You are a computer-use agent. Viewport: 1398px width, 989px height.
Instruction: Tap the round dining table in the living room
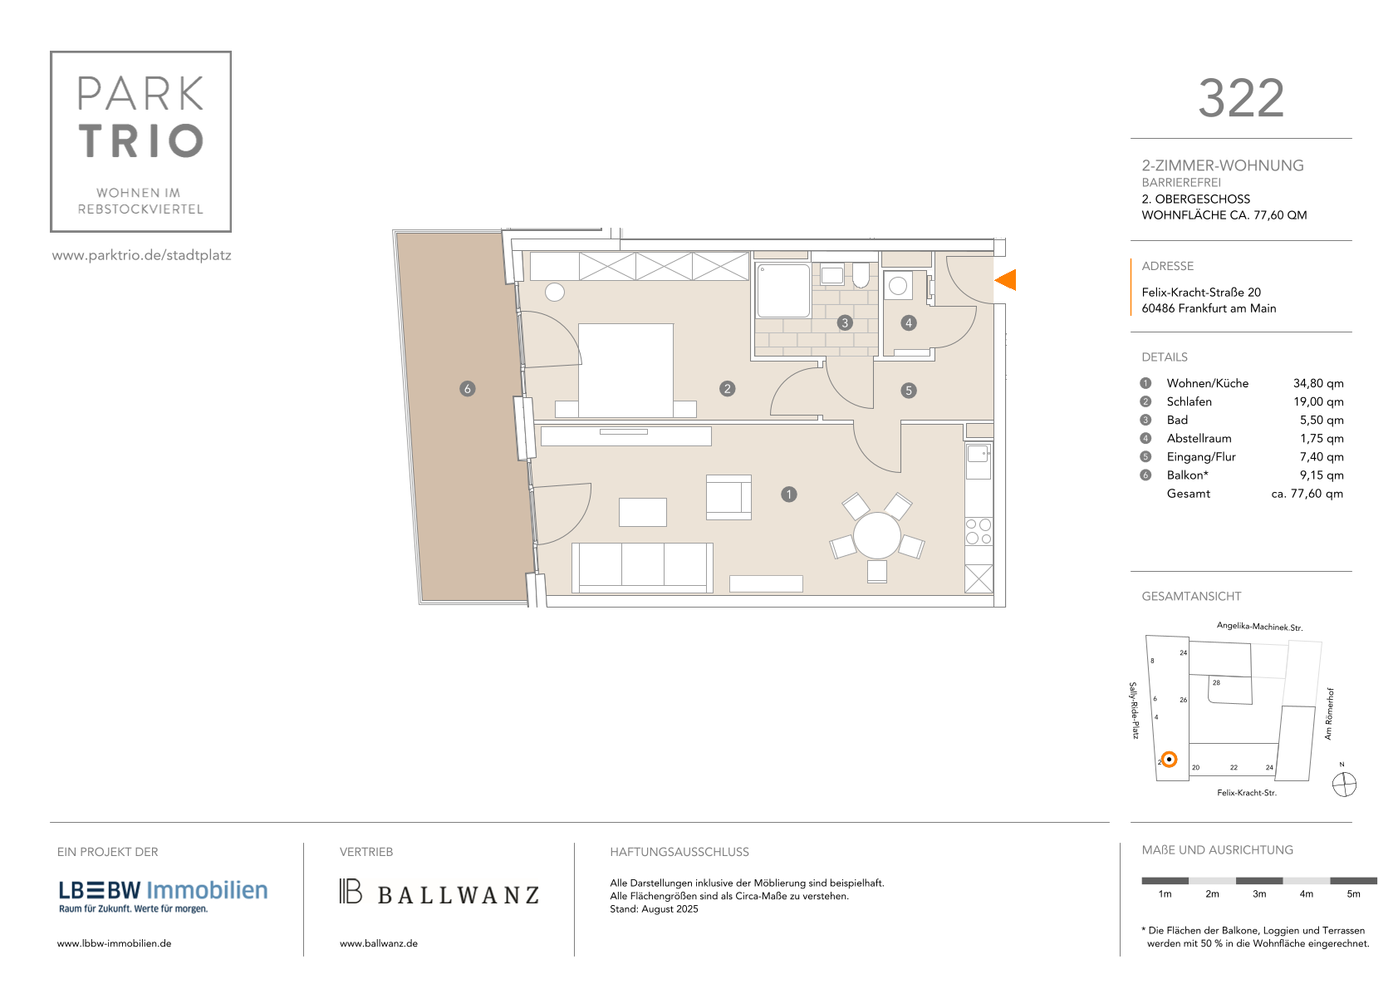coord(877,536)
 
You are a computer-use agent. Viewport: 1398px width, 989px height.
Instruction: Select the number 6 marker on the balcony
coord(468,389)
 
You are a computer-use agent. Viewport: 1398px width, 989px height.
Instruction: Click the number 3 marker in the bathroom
coord(845,322)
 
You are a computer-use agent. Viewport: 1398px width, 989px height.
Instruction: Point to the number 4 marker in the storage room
coord(909,322)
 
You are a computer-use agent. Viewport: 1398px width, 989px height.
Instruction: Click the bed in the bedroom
coord(626,370)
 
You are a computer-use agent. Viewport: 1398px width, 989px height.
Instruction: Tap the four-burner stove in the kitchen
coord(979,531)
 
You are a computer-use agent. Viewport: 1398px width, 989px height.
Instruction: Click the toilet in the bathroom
coord(861,275)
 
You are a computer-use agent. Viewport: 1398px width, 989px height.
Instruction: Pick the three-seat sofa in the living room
coord(642,568)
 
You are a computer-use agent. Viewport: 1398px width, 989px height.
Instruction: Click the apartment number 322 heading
coord(1241,99)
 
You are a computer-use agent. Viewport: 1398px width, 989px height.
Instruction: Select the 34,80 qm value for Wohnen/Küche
coord(1318,383)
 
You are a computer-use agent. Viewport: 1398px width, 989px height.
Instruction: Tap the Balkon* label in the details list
coord(1187,475)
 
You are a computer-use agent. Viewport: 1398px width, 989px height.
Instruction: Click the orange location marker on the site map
coord(1169,760)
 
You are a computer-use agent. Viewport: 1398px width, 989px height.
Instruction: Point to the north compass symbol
coord(1344,785)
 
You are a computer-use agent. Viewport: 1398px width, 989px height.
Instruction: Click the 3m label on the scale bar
coord(1258,894)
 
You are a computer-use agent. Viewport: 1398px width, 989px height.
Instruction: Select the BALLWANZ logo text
coord(459,895)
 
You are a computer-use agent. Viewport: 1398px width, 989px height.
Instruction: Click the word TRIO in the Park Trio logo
coord(141,140)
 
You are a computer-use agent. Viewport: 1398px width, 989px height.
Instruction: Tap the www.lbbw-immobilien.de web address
coord(114,943)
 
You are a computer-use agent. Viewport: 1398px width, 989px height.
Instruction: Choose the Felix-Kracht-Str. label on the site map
coord(1246,793)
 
